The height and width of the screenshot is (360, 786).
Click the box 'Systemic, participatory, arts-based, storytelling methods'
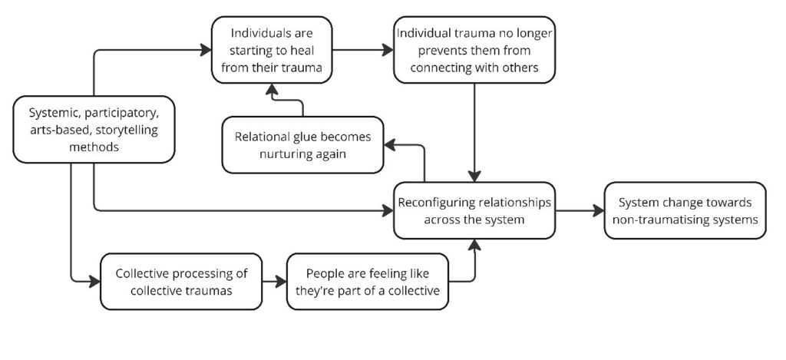tap(92, 129)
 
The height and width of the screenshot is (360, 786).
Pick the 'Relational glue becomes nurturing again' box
tap(302, 144)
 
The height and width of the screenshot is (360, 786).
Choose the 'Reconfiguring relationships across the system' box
tap(474, 210)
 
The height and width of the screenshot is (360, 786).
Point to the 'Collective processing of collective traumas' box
tap(181, 281)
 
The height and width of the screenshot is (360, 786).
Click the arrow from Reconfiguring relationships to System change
tap(579, 210)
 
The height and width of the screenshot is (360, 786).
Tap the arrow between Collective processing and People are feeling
tap(273, 281)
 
